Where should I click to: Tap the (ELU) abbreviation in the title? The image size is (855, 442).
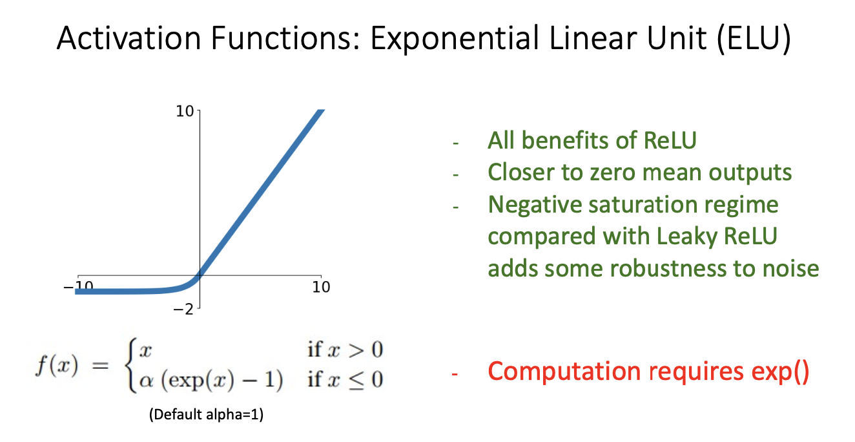pyautogui.click(x=754, y=38)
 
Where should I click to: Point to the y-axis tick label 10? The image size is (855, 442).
pyautogui.click(x=185, y=112)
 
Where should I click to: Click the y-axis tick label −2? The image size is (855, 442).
pyautogui.click(x=183, y=309)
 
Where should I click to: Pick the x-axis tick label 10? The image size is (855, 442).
pyautogui.click(x=321, y=287)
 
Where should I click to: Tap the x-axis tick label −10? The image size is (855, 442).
pyautogui.click(x=78, y=286)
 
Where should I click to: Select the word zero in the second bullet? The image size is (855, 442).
pyautogui.click(x=613, y=173)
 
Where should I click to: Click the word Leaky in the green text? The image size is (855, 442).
pyautogui.click(x=687, y=237)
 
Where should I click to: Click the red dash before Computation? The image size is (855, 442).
pyautogui.click(x=454, y=374)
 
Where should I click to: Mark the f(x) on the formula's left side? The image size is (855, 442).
pyautogui.click(x=57, y=365)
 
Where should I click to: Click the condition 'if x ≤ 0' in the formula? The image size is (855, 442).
pyautogui.click(x=345, y=380)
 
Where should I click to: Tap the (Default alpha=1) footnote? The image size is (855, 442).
pyautogui.click(x=206, y=414)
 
